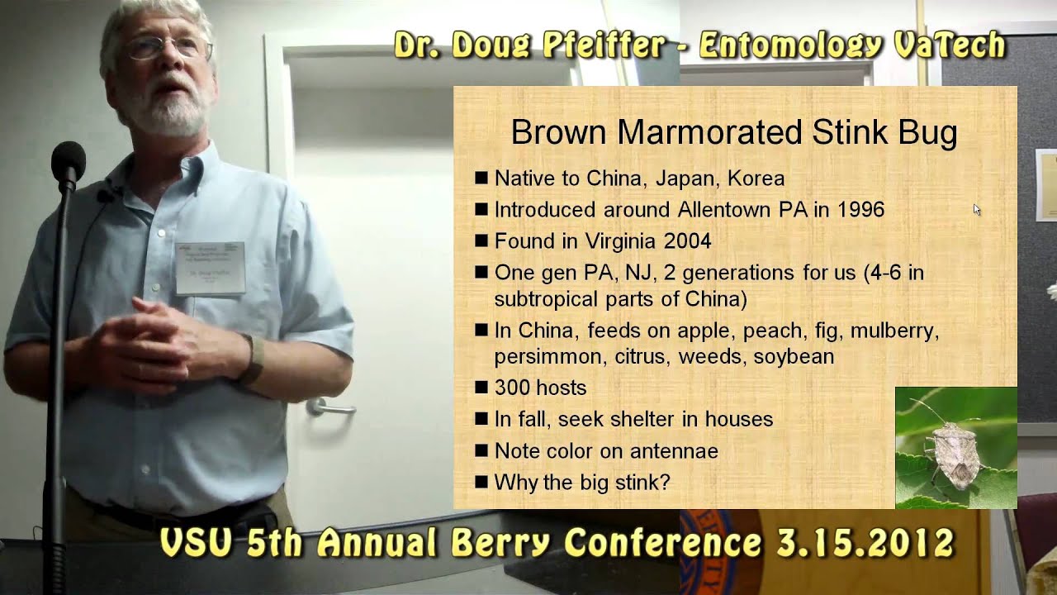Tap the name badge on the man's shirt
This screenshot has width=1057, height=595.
210,269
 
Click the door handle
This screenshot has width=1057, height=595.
329,407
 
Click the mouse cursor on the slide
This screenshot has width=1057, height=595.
977,210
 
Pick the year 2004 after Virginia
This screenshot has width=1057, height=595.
681,241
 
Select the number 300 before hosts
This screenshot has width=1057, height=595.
512,388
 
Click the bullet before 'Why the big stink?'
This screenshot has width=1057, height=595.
481,482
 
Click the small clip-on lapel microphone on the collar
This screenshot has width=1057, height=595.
104,195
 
